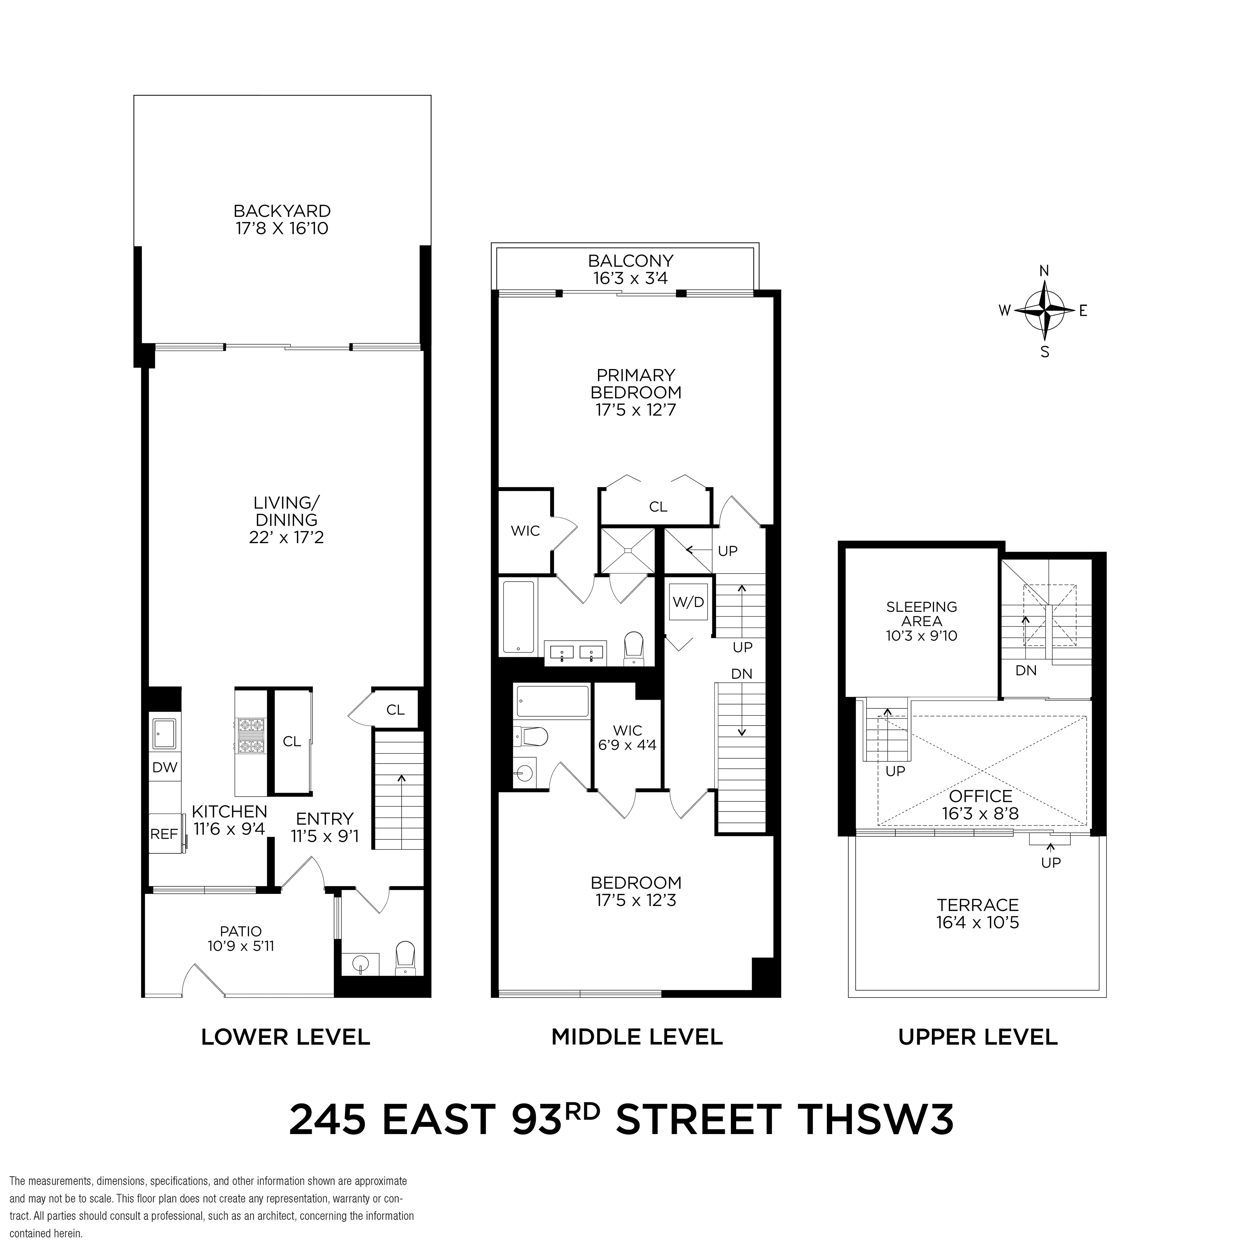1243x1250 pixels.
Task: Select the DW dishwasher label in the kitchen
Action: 164,767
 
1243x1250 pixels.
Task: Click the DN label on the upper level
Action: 1025,670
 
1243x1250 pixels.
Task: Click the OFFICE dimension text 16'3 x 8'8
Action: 980,813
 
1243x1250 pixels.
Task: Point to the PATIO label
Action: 241,931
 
